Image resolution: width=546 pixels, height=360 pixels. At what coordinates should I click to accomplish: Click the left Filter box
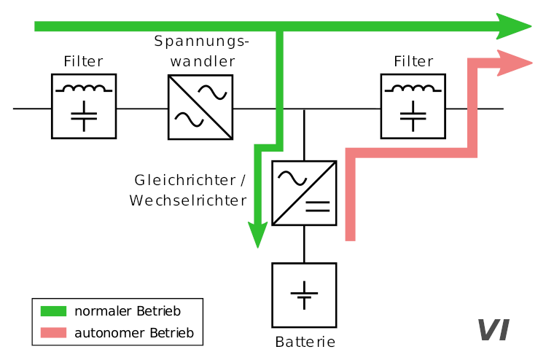tap(84, 106)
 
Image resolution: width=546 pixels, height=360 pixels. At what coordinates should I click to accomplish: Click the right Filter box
tap(413, 106)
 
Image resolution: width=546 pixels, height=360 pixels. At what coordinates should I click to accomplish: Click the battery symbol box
tap(304, 295)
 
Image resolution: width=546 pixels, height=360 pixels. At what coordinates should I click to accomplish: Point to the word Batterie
tap(305, 342)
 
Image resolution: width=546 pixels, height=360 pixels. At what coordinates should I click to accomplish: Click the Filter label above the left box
tap(83, 62)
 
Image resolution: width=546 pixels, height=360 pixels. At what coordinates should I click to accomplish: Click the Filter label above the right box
tap(413, 62)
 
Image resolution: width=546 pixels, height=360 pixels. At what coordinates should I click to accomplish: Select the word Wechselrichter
tap(187, 200)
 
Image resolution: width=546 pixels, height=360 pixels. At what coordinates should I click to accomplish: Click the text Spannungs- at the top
tap(201, 41)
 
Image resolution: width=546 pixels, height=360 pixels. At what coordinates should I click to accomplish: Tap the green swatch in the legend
tap(52, 311)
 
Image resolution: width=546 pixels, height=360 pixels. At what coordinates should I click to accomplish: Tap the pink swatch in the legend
tap(52, 333)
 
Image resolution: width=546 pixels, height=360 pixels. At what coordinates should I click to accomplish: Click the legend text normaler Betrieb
tap(128, 311)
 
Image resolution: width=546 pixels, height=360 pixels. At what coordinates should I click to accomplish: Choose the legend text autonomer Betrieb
tap(133, 333)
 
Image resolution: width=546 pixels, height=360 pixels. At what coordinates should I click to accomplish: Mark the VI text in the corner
tap(493, 330)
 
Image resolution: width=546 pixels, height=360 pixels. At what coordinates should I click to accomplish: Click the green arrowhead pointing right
tap(515, 27)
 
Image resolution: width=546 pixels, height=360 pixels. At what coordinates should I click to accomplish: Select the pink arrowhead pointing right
tap(515, 63)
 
